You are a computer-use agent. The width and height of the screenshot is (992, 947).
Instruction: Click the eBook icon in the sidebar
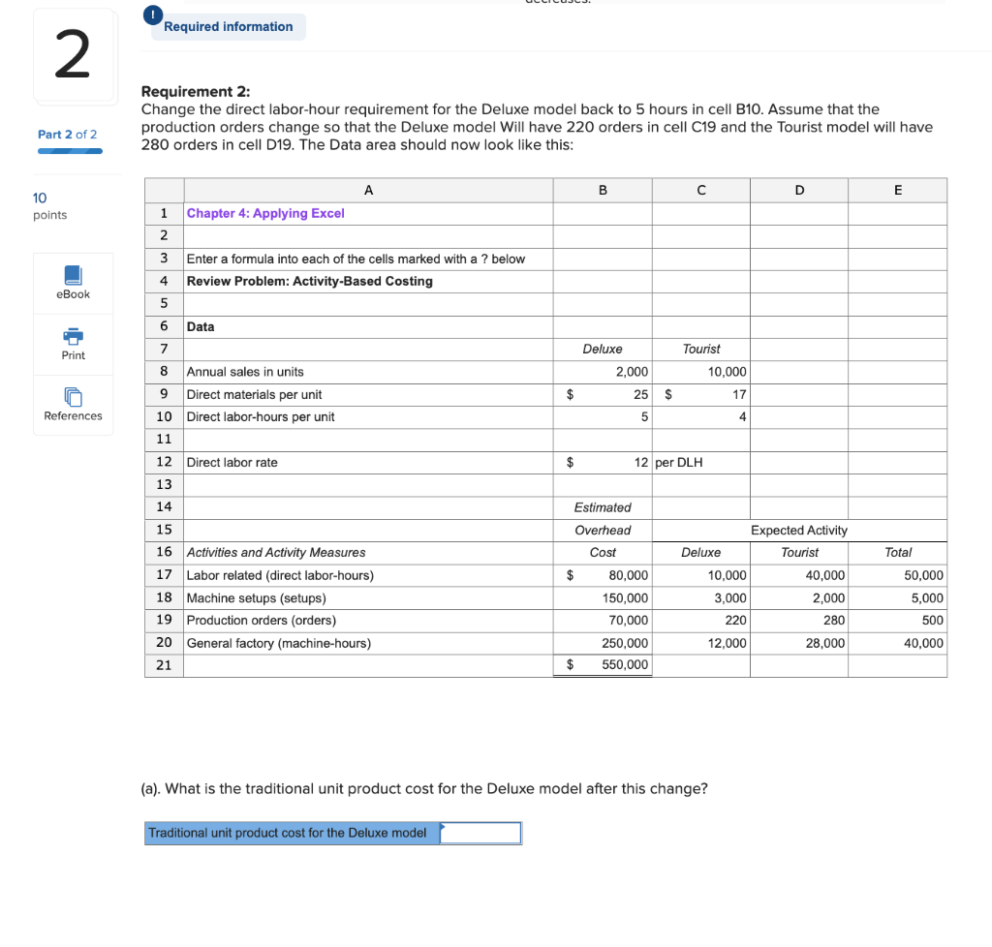point(73,276)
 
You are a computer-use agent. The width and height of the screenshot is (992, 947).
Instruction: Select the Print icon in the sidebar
point(73,337)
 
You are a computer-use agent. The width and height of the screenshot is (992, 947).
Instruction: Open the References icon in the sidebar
point(73,397)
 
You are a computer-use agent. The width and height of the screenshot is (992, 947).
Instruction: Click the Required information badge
point(228,27)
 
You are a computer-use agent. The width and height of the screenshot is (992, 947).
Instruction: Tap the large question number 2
point(73,56)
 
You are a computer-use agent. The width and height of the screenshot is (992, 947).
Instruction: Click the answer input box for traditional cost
point(480,833)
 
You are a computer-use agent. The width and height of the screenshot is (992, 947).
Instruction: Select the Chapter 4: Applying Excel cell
point(265,213)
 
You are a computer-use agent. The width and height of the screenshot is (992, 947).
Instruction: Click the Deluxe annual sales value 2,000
point(632,372)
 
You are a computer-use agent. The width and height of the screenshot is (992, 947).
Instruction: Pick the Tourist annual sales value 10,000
point(727,372)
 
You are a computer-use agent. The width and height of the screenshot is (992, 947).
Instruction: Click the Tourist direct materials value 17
point(739,394)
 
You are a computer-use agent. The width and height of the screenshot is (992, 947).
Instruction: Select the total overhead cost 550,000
point(625,665)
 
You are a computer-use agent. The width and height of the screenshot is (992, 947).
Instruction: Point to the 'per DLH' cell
point(679,462)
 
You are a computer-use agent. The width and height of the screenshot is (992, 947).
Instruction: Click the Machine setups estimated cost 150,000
point(625,597)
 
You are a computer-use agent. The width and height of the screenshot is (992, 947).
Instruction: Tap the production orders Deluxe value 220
point(735,620)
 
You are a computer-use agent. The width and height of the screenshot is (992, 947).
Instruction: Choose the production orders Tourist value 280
point(834,620)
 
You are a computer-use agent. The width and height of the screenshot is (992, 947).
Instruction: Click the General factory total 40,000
point(923,643)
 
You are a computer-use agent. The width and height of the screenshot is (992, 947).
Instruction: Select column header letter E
point(897,190)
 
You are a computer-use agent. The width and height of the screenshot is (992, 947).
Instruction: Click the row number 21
point(164,665)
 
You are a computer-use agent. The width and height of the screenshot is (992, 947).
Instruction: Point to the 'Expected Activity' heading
point(798,530)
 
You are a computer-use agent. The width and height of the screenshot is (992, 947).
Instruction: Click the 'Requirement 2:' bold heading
point(196,92)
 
